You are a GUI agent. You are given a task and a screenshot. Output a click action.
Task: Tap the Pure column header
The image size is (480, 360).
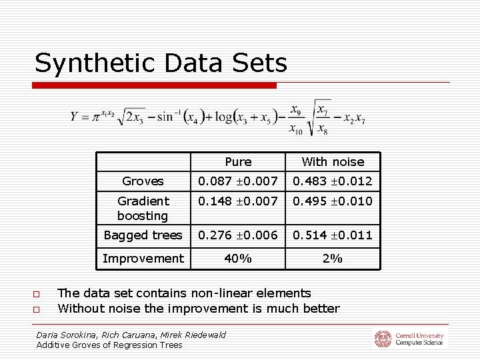click(x=238, y=162)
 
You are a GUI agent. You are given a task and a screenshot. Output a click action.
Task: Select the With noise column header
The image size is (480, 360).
click(x=333, y=162)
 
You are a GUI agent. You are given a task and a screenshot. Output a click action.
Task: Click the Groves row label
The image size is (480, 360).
click(x=143, y=181)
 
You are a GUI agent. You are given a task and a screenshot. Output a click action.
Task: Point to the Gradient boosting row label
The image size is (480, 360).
click(x=143, y=208)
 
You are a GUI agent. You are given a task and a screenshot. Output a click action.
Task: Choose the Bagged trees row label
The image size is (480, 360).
click(x=143, y=235)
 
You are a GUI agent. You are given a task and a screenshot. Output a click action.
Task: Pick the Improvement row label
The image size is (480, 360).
click(x=143, y=258)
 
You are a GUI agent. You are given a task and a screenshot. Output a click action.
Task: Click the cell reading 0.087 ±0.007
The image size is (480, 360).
click(x=238, y=181)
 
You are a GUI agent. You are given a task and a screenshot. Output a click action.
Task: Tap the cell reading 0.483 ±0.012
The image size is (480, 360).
click(x=333, y=181)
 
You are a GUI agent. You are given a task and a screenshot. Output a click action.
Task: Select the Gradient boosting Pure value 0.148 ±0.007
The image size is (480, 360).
click(x=238, y=201)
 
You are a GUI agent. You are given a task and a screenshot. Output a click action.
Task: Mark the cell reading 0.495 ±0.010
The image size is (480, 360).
click(x=333, y=201)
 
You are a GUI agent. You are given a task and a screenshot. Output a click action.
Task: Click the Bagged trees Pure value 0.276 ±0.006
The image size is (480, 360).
click(x=238, y=235)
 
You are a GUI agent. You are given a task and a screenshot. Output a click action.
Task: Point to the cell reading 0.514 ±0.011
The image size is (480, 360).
click(x=333, y=235)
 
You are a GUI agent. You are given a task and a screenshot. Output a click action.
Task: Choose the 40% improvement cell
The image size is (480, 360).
click(x=238, y=258)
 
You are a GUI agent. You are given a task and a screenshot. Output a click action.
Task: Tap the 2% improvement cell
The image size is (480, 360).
click(x=333, y=258)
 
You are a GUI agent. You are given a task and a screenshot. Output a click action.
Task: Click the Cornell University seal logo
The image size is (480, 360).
click(x=383, y=339)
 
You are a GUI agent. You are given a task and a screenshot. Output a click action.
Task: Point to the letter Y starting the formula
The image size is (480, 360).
click(x=75, y=117)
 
